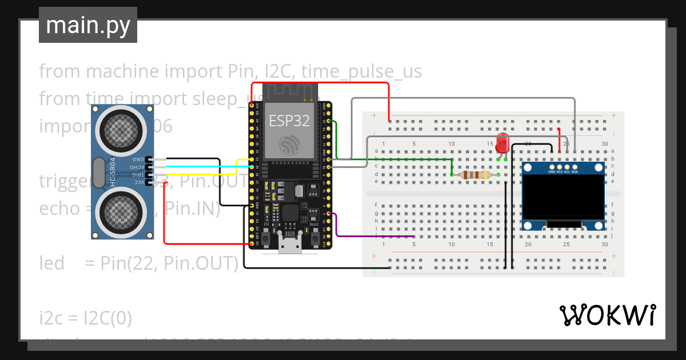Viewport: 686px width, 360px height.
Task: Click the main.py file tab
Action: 87,25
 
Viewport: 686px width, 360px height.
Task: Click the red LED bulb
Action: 502,141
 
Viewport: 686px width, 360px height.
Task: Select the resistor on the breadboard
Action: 475,175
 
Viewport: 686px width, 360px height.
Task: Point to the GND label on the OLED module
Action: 552,171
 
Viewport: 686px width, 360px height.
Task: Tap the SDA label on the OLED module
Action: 575,171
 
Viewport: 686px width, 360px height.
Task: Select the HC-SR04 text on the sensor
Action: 113,171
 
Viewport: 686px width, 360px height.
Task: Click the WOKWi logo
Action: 607,315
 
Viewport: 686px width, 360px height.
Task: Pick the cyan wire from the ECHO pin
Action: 200,166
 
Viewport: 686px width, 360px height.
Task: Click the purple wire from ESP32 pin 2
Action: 372,235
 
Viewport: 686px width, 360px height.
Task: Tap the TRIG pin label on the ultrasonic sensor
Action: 138,174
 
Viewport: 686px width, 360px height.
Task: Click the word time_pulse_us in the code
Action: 361,71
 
